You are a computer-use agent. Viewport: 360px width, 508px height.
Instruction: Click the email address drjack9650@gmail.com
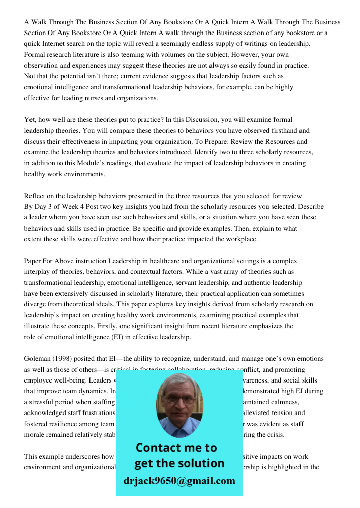coord(179,481)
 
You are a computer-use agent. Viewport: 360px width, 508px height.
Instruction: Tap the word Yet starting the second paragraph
coord(30,119)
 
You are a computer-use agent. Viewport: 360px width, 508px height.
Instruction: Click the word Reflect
coord(36,196)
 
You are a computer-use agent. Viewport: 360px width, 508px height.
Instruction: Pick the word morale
coord(37,435)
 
